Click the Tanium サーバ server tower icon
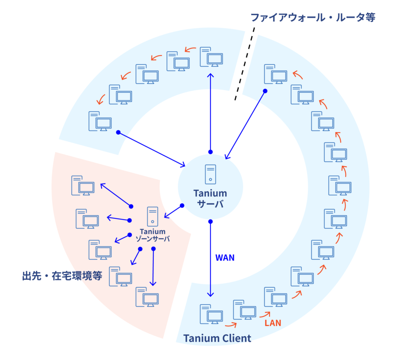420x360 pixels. [x=210, y=174]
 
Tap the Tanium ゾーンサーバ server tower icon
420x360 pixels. [x=153, y=216]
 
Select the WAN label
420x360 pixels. [x=225, y=258]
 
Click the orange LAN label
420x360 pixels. [x=273, y=323]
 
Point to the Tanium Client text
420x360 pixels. [x=217, y=338]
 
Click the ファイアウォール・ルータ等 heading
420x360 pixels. [x=313, y=18]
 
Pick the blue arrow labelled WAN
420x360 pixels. [x=210, y=259]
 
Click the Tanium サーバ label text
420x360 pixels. [x=210, y=198]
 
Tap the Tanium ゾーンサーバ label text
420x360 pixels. [x=153, y=235]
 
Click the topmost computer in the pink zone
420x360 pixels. [x=82, y=185]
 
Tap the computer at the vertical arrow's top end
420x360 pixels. [x=211, y=57]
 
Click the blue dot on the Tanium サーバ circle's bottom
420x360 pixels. [x=210, y=222]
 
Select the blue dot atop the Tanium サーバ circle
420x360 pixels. [x=210, y=152]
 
